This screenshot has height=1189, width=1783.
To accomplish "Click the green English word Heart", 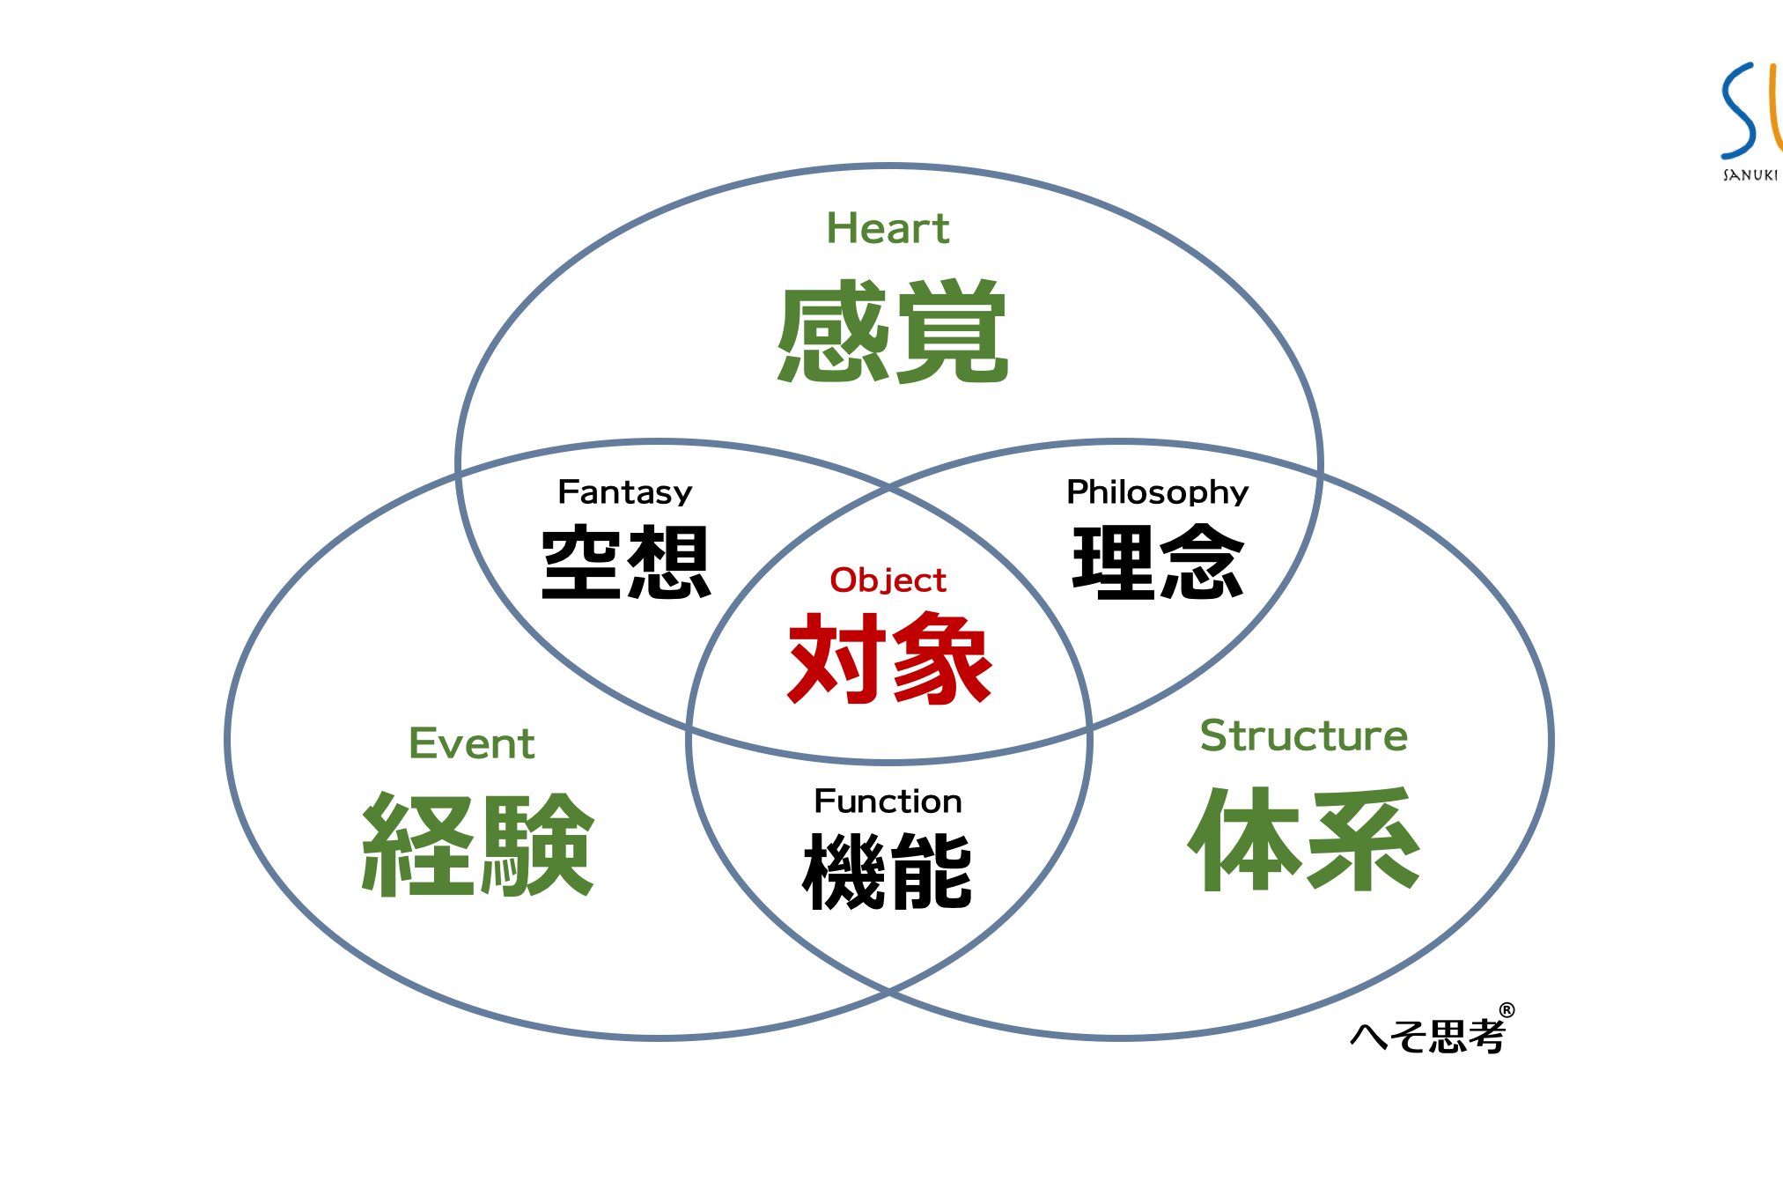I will coord(888,228).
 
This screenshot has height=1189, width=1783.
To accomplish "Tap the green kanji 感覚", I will coord(892,332).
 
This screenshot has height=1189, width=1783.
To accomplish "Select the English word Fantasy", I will coord(625,492).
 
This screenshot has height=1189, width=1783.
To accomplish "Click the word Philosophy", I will coord(1157,492).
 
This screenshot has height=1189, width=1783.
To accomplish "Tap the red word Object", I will coord(888,580).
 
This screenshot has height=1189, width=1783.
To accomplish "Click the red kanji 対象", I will coord(889,659).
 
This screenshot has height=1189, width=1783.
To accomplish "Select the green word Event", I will coord(472,743).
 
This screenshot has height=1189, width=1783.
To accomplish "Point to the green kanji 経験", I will coord(478,846).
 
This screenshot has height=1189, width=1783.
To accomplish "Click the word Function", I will coord(888,801).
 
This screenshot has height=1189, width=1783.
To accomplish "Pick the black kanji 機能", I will coord(888,871).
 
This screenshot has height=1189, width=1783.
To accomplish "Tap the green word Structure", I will coord(1303,735).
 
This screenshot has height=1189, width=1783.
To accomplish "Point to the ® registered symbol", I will coord(1507,1010).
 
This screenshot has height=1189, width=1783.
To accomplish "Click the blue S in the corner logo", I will coord(1740,110).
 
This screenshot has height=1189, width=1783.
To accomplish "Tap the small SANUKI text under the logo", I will coord(1750,175).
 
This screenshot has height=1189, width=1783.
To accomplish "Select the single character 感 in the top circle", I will coord(833,332).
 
